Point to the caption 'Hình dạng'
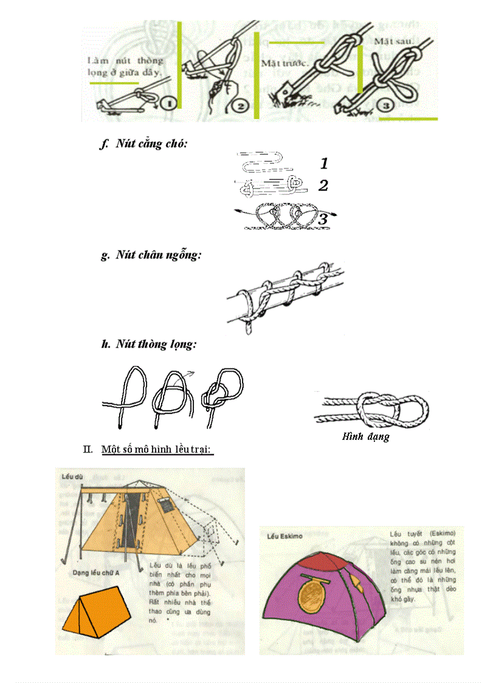click(365, 436)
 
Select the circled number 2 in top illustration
click(240, 106)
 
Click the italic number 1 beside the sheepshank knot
click(324, 163)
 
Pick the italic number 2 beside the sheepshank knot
click(323, 185)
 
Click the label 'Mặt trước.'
click(286, 63)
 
